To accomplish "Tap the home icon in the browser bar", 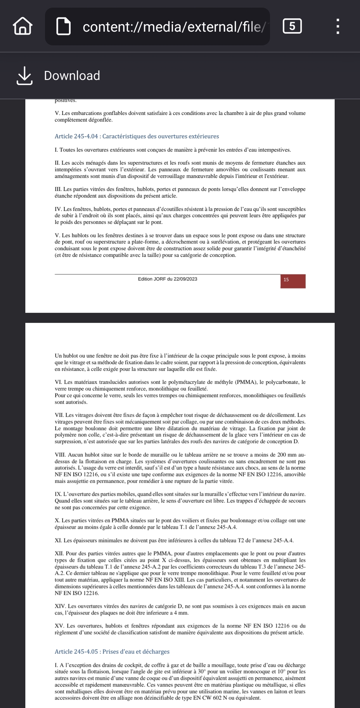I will [23, 27].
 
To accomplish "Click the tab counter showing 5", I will [292, 26].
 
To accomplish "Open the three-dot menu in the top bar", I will [337, 26].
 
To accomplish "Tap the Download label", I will [72, 76].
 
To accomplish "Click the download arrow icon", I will [25, 76].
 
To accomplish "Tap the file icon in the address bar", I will [64, 27].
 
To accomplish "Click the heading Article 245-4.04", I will [137, 136].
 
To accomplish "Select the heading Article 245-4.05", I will [112, 651].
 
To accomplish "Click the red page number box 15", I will [292, 281].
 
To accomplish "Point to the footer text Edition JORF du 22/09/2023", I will [167, 279].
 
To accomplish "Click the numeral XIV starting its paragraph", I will [60, 606].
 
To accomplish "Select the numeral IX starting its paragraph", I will [58, 494].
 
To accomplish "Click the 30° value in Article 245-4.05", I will [201, 671].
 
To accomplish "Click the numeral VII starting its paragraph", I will [59, 415].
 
